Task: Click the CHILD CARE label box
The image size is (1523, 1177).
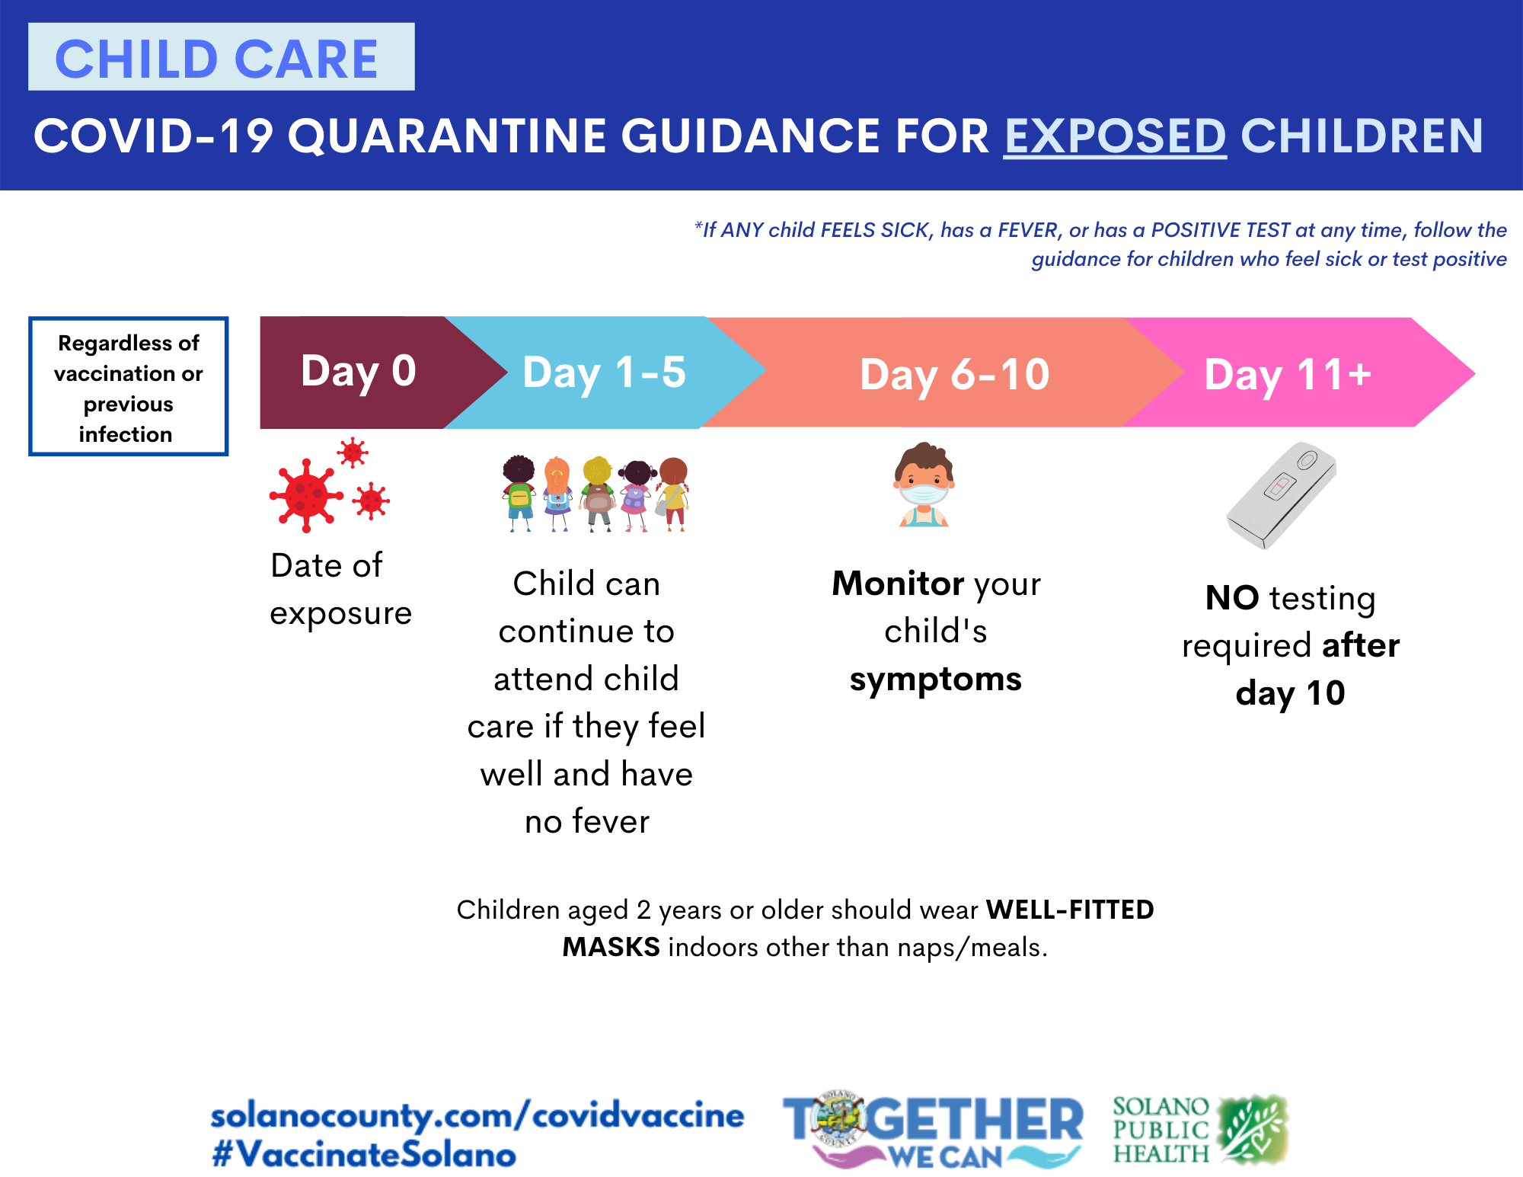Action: (222, 57)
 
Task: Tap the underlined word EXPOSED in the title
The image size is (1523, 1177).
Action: (1115, 136)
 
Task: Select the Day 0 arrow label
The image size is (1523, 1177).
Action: (359, 371)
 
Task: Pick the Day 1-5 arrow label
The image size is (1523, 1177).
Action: (604, 373)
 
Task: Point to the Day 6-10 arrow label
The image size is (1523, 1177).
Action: (955, 374)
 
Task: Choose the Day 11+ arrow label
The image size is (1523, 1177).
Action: (1288, 374)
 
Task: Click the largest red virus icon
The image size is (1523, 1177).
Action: (306, 495)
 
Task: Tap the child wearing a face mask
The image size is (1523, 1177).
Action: (924, 485)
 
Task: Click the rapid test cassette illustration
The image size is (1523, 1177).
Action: (1281, 495)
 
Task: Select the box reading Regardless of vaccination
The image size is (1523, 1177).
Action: (129, 386)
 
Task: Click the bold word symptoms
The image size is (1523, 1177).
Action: (936, 680)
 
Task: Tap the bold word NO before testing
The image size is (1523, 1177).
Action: (1232, 598)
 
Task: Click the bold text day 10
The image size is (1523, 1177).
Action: (1291, 694)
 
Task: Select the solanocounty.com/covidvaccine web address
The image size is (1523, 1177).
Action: (477, 1116)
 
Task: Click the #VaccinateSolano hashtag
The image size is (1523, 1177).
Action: (364, 1154)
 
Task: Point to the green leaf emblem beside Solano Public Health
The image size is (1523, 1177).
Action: (1254, 1130)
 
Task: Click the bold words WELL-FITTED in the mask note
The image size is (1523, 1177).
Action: (1070, 910)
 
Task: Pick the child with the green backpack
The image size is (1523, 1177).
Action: (519, 493)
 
